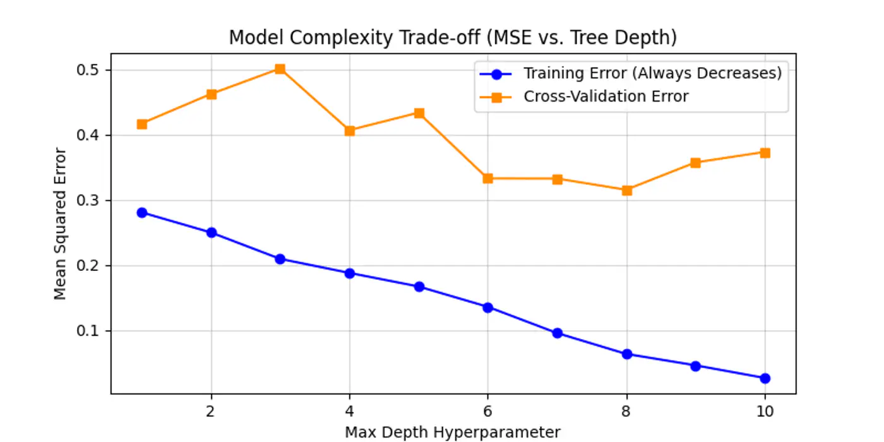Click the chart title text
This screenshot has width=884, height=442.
click(452, 38)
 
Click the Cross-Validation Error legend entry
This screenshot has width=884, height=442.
click(606, 97)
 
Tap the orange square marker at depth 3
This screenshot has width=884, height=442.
click(280, 69)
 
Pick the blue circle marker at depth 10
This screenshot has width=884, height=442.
click(765, 378)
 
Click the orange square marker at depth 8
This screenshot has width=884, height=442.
click(626, 190)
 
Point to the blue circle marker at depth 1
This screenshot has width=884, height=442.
click(142, 212)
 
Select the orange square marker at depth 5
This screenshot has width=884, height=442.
click(419, 113)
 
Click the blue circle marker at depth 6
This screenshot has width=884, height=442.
click(487, 308)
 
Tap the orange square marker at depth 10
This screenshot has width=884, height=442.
click(765, 152)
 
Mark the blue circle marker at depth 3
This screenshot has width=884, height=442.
click(280, 259)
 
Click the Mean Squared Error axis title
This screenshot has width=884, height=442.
click(60, 224)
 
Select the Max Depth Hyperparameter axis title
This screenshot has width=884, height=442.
click(452, 433)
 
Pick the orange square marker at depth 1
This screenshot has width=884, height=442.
click(142, 124)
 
